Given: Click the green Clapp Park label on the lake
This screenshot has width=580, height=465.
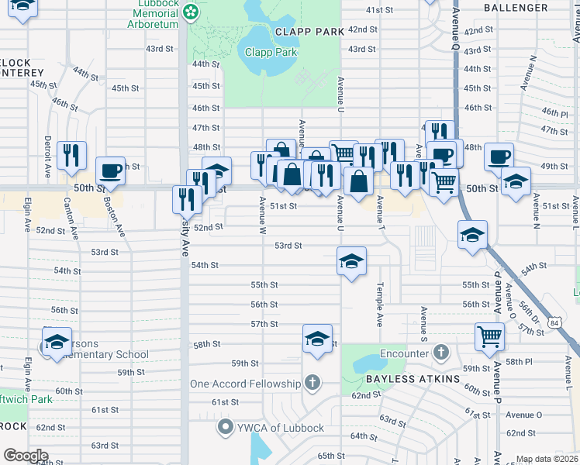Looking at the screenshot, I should [271, 52].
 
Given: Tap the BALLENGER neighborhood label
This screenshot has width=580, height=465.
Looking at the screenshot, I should [516, 8].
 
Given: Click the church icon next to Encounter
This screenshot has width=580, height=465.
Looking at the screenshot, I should [441, 353].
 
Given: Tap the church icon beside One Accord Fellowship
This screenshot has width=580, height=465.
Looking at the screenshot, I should [312, 384].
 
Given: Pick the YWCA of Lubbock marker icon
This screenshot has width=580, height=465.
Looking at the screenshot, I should [226, 427].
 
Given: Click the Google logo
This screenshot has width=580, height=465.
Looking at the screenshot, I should [26, 456].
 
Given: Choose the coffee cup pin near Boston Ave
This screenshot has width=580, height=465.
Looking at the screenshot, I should [110, 171].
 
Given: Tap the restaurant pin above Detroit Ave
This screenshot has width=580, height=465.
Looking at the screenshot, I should [71, 156].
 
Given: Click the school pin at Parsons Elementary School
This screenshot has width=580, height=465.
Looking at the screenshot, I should [57, 342].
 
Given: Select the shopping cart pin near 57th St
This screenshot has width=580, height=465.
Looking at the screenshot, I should [490, 336].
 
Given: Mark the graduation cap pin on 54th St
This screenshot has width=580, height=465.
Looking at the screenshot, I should [351, 261].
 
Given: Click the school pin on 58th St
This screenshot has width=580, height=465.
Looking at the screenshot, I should [317, 339].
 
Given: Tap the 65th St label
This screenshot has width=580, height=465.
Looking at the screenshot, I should [330, 456].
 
